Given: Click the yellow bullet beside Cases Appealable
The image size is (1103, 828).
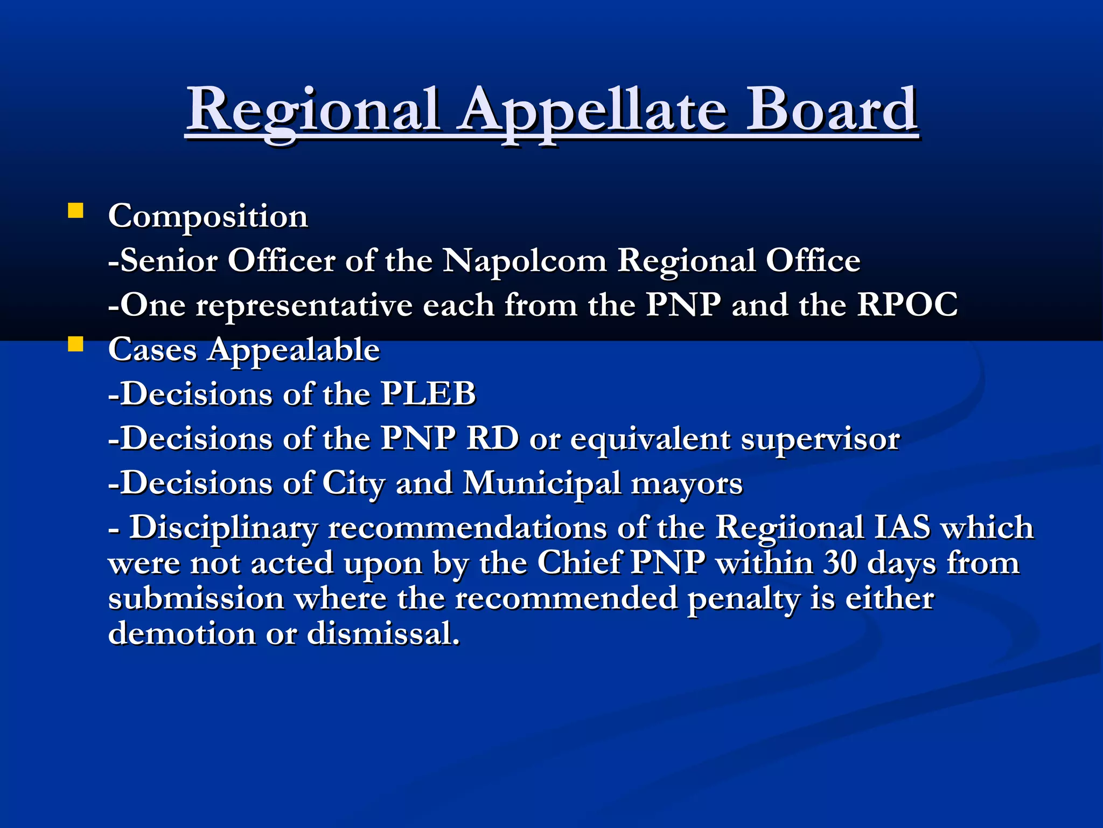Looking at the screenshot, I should (x=75, y=344).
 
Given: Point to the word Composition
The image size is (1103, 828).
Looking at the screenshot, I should (x=208, y=217).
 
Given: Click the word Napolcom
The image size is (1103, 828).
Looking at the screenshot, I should (x=525, y=261).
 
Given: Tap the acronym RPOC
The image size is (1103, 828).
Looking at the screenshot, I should (x=907, y=305).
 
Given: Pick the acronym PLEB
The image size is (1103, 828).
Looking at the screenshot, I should (x=428, y=394).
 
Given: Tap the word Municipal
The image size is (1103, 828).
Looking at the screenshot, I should (x=541, y=483).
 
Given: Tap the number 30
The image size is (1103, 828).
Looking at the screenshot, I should (x=840, y=563).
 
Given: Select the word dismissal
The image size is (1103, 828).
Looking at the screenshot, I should (x=383, y=633).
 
